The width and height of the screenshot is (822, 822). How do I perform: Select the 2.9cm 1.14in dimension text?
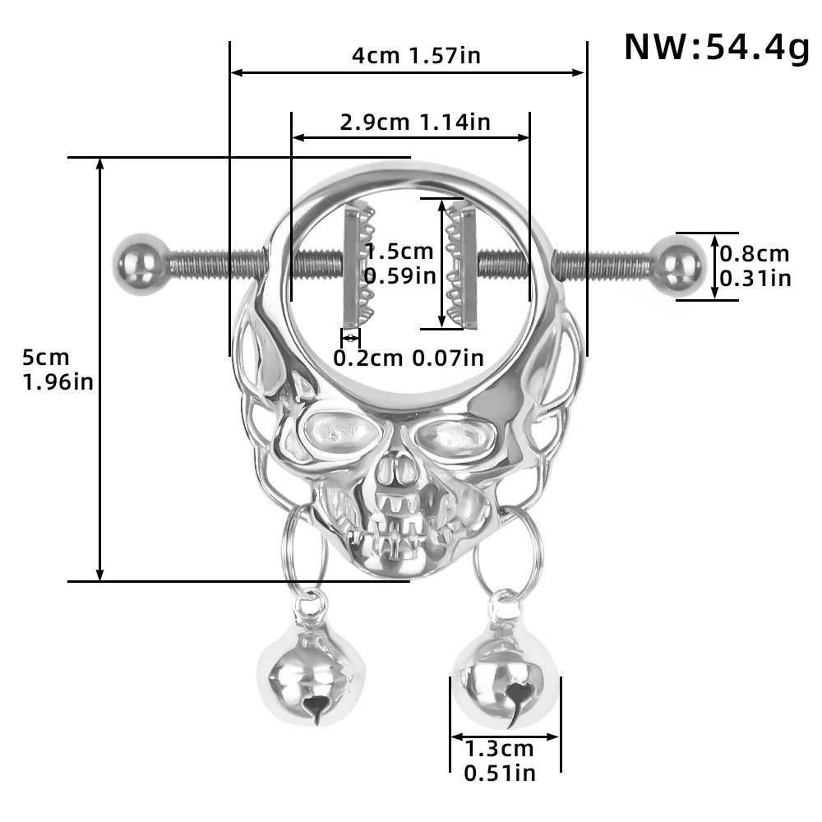coord(414,122)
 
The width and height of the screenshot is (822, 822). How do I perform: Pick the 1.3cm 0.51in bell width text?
coord(499,760)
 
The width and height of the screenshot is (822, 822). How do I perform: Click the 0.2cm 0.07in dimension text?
coord(408,358)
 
